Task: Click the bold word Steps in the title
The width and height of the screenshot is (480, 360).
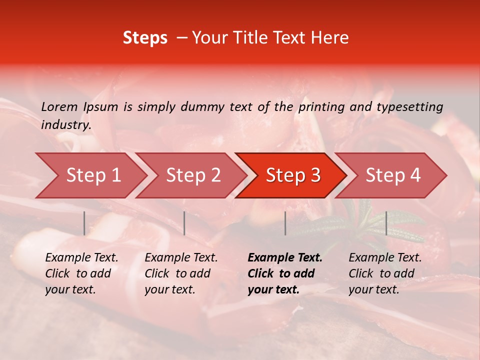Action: click(x=145, y=37)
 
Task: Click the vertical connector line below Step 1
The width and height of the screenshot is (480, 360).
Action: click(x=84, y=223)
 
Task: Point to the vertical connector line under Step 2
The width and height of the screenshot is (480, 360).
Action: click(x=184, y=223)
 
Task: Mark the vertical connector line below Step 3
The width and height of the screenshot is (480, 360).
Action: click(x=285, y=223)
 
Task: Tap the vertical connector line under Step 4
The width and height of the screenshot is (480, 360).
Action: click(x=386, y=223)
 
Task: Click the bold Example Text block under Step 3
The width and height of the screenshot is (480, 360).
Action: click(x=285, y=273)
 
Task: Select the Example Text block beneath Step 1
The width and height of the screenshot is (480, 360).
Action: click(x=81, y=273)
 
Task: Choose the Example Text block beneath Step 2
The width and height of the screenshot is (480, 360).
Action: click(x=181, y=273)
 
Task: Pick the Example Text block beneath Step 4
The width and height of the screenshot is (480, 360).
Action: click(x=385, y=273)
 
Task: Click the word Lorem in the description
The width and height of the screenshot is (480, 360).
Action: click(x=59, y=106)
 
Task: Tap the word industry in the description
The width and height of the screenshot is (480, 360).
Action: click(x=65, y=125)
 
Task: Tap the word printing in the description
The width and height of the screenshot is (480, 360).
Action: click(x=321, y=107)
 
